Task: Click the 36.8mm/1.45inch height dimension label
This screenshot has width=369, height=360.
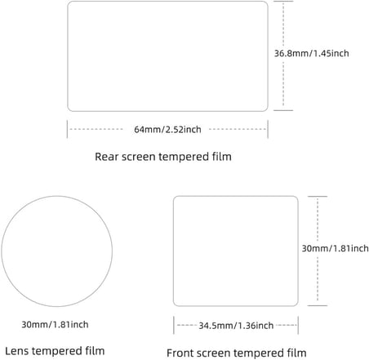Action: click(311, 53)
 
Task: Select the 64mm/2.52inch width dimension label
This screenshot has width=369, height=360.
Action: click(167, 129)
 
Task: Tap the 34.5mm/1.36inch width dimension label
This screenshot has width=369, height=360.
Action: click(236, 326)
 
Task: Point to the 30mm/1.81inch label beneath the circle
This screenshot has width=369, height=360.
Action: click(55, 324)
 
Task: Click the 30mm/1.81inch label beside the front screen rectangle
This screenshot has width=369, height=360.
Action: click(336, 248)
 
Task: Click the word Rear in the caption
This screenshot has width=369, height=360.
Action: click(106, 157)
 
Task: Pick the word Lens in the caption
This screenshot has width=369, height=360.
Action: click(16, 351)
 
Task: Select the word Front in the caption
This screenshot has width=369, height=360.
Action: click(180, 353)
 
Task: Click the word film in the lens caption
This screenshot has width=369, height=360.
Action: click(95, 351)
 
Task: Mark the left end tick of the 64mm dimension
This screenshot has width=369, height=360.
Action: click(67, 129)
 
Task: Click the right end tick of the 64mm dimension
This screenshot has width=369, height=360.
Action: click(268, 129)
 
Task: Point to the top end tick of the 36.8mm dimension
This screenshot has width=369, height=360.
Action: click(283, 2)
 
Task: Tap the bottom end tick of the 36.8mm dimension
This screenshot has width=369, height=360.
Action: click(283, 110)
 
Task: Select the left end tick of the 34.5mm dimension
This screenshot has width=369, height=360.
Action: click(174, 325)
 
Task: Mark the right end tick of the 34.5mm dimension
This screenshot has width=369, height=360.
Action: click(298, 325)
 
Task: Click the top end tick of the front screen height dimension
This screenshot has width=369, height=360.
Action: click(318, 196)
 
